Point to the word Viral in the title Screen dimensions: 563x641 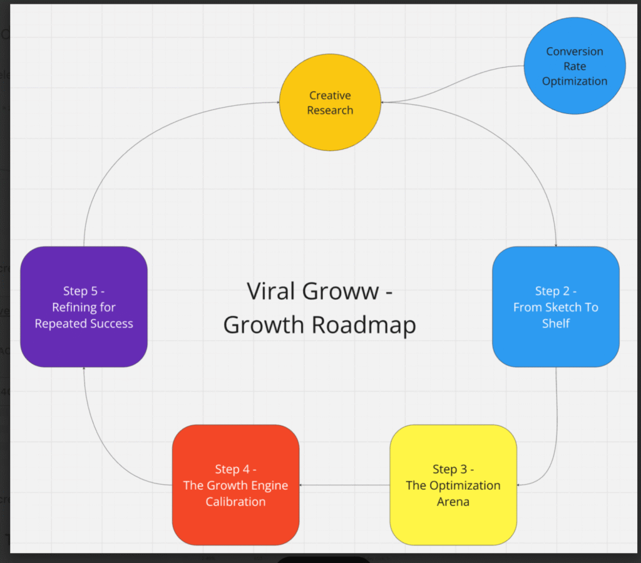click(x=271, y=291)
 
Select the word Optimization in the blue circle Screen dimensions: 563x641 click(x=575, y=81)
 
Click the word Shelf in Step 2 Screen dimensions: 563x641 click(x=555, y=324)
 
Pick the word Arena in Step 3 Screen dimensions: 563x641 click(x=453, y=502)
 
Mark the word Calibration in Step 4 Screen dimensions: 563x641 click(x=235, y=502)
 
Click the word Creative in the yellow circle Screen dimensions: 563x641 click(x=330, y=96)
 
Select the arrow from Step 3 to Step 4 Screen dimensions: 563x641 click(x=344, y=485)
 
